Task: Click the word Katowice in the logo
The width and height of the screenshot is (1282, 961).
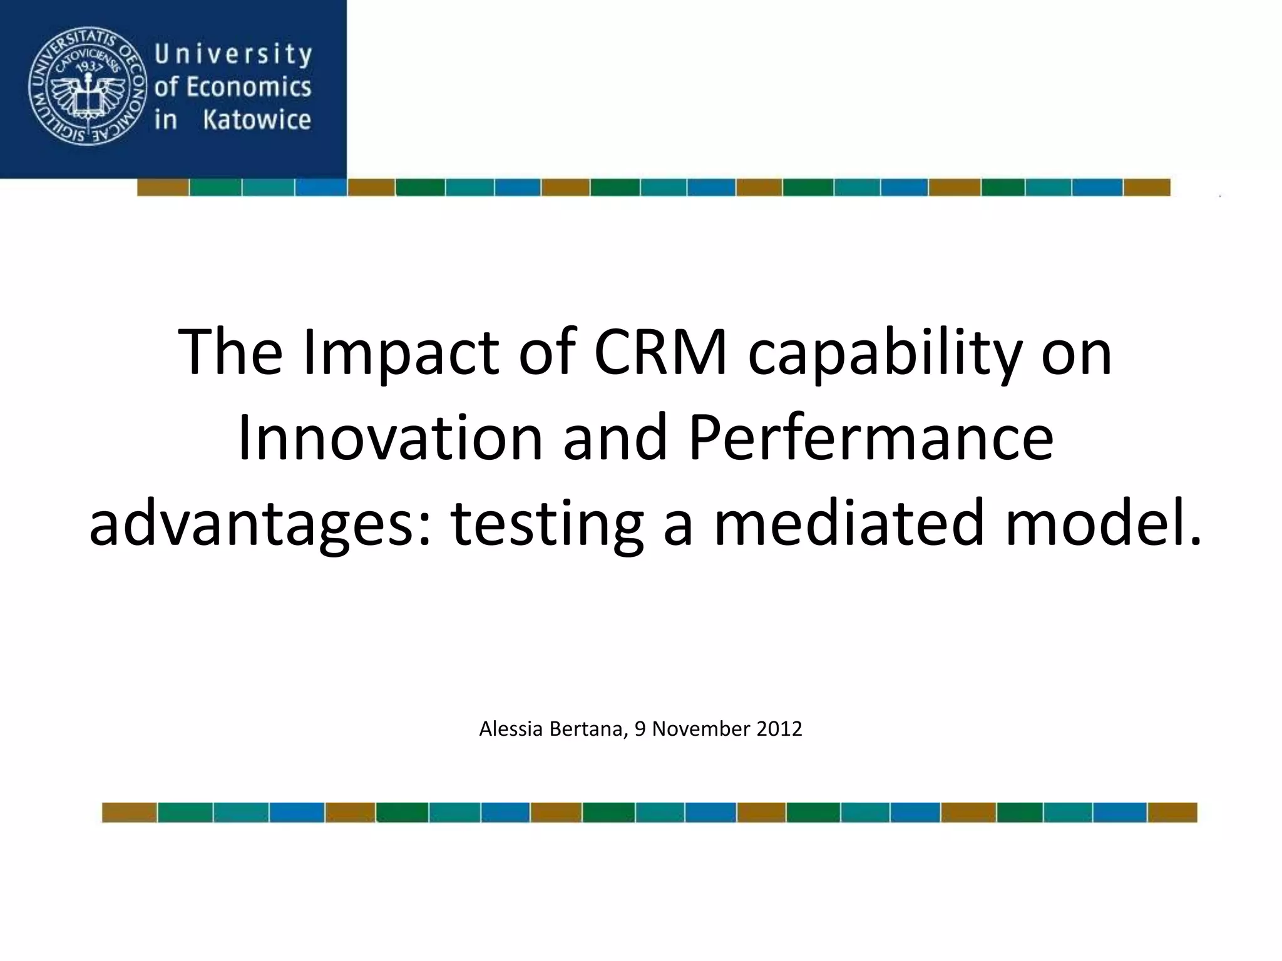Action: (257, 119)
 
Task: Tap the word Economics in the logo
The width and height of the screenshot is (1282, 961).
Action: (249, 87)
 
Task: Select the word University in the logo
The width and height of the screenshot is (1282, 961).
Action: (233, 55)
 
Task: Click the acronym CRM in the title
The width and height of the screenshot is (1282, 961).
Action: (660, 352)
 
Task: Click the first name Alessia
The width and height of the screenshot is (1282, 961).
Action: (510, 729)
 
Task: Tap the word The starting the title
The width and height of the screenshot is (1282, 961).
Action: (230, 352)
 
